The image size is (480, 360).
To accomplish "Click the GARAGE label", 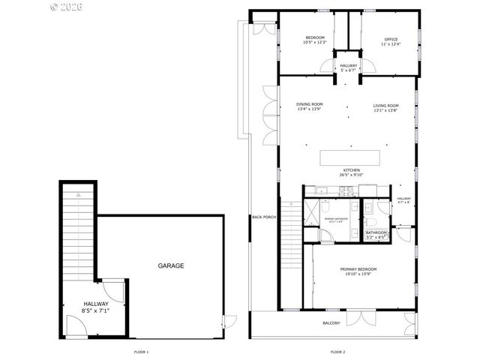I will tap(170, 265).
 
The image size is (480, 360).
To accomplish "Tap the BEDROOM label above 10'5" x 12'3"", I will tap(315, 37).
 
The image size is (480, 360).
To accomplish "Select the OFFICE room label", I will tap(391, 39).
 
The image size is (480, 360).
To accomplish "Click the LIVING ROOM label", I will tap(385, 105).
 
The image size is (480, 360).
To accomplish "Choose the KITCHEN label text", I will tap(352, 170).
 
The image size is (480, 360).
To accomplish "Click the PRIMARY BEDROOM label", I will tap(358, 268).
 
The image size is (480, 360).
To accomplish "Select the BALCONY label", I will tap(331, 323).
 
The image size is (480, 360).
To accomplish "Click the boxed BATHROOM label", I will tap(376, 232).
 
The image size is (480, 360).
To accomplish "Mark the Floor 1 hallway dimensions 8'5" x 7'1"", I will tap(96, 310).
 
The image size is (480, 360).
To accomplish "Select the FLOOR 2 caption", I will tap(337, 352).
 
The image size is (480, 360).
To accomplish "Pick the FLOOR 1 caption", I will tap(141, 352).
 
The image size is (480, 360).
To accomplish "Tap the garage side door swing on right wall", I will tap(224, 321).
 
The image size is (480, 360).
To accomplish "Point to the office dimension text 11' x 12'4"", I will tap(391, 43).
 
